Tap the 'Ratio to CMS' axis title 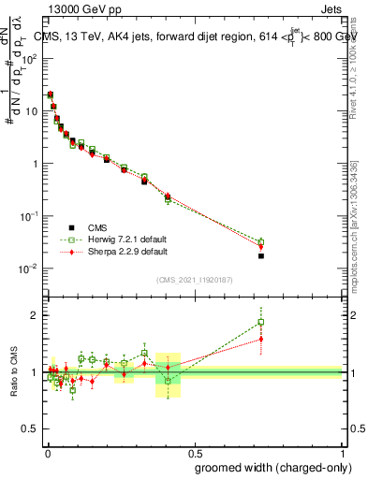point(14,372)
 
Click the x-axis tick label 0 point(47,451)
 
